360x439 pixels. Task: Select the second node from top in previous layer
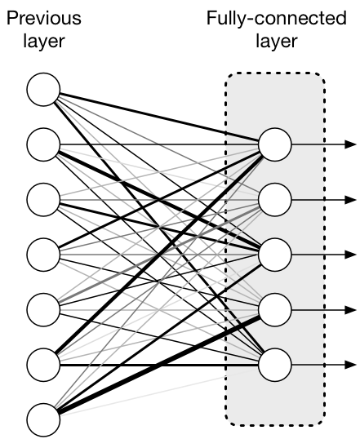[43, 144]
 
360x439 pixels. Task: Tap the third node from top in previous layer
[43, 199]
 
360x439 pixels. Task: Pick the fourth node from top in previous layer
[43, 254]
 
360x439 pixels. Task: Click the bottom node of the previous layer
[43, 419]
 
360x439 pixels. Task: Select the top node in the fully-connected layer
[274, 144]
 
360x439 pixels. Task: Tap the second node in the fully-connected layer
[274, 199]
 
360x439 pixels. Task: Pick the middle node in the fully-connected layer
[274, 254]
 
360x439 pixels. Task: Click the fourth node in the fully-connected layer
[274, 308]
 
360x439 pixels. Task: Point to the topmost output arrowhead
[352, 144]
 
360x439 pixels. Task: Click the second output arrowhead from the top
[352, 199]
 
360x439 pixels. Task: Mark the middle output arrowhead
[352, 254]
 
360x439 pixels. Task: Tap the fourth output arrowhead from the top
[352, 308]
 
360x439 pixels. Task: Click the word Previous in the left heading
[43, 18]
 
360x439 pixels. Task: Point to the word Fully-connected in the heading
[275, 18]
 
